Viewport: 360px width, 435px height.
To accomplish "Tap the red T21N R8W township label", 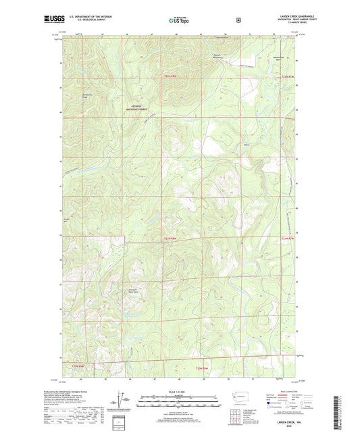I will (173, 238).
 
